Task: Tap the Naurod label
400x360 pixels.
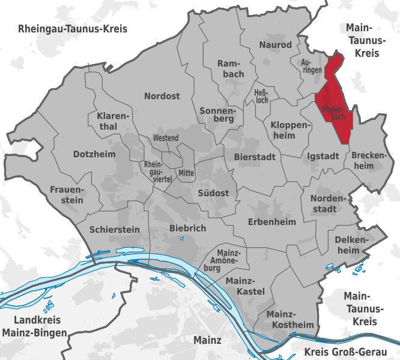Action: [275, 45]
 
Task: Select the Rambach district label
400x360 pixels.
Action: [231, 68]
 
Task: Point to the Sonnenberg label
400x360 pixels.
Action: [219, 114]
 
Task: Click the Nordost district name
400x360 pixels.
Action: [162, 96]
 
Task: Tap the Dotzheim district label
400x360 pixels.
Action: [94, 154]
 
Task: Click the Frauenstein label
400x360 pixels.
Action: [67, 194]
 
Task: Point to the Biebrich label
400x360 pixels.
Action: [187, 228]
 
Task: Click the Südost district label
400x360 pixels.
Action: [213, 193]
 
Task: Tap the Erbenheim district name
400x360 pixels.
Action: [272, 222]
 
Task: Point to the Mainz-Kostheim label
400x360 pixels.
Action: [290, 319]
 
